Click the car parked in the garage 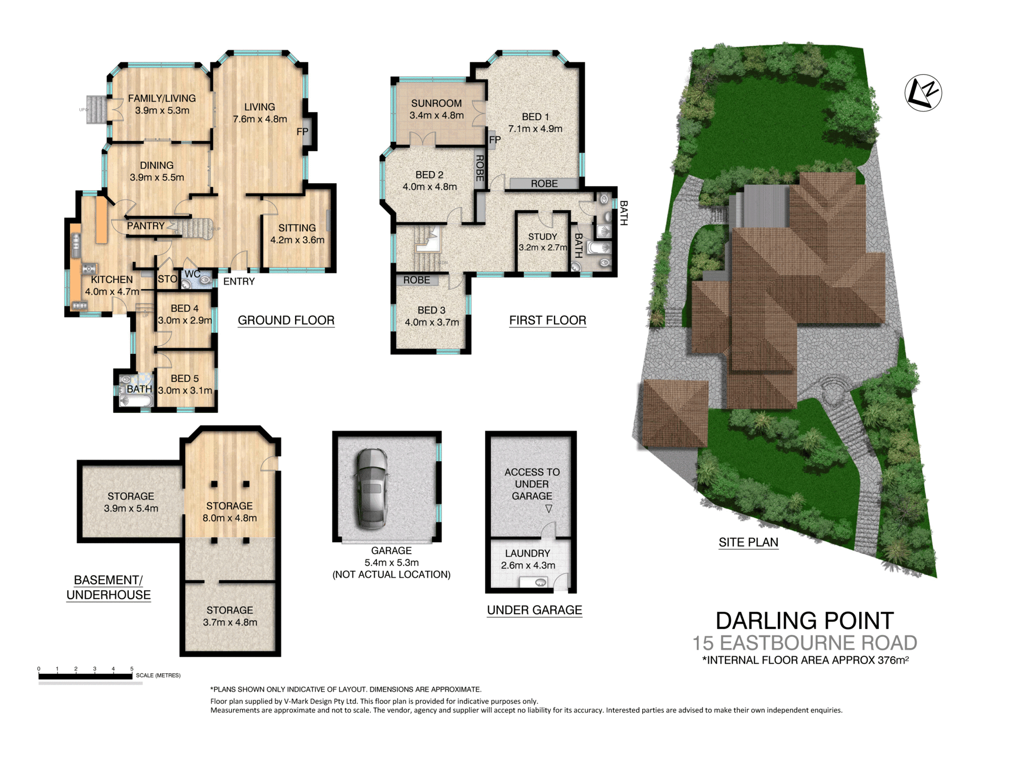pyautogui.click(x=372, y=489)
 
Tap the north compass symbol pyautogui.click(x=923, y=93)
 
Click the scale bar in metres pyautogui.click(x=85, y=676)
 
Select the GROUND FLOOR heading pyautogui.click(x=286, y=320)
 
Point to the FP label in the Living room pyautogui.click(x=302, y=132)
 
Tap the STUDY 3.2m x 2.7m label pyautogui.click(x=542, y=242)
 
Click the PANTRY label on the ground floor pyautogui.click(x=145, y=226)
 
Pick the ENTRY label pyautogui.click(x=239, y=282)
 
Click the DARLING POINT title pyautogui.click(x=804, y=621)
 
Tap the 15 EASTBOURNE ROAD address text pyautogui.click(x=804, y=643)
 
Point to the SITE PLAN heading pyautogui.click(x=748, y=543)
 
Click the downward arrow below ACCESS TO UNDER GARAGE pyautogui.click(x=548, y=509)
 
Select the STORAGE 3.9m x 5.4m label pyautogui.click(x=131, y=502)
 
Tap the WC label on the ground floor pyautogui.click(x=192, y=274)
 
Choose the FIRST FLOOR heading pyautogui.click(x=547, y=320)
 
